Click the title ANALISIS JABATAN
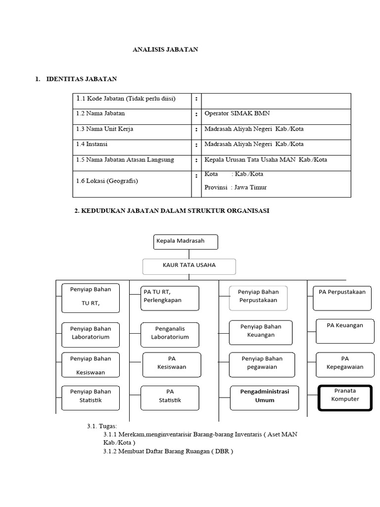(165, 50)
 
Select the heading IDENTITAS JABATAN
(82, 79)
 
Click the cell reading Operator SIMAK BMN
(237, 113)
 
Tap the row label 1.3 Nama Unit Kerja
(104, 129)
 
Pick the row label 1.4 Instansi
(92, 144)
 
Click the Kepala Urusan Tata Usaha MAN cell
(266, 160)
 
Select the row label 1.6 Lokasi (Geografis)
(107, 181)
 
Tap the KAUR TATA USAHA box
(189, 265)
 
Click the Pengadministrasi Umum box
(264, 396)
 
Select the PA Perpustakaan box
(342, 296)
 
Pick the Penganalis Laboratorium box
(170, 333)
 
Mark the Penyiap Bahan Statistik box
(90, 396)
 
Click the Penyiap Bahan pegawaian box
(262, 363)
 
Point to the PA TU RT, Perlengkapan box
(169, 296)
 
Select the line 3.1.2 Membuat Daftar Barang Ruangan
(168, 452)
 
